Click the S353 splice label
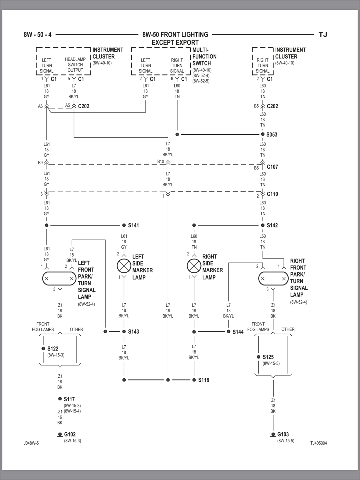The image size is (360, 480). click(x=272, y=134)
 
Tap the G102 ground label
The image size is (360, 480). click(x=70, y=434)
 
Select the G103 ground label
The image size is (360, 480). click(x=283, y=434)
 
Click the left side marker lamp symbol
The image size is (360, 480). click(x=124, y=265)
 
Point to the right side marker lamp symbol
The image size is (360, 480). click(x=194, y=265)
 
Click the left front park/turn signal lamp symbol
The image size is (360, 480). click(x=59, y=278)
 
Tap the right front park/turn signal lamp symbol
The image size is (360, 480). click(x=273, y=278)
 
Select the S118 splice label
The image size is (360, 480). click(x=204, y=380)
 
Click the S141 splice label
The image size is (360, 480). click(x=133, y=225)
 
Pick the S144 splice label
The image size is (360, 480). click(x=238, y=332)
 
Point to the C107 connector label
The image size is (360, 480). click(x=272, y=167)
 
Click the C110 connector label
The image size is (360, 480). click(x=272, y=194)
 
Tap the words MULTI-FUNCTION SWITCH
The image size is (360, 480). click(x=204, y=56)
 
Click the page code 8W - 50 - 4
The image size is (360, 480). click(x=37, y=34)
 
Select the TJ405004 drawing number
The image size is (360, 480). click(x=318, y=443)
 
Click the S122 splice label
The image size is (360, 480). click(x=53, y=349)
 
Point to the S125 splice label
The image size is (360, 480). click(x=268, y=357)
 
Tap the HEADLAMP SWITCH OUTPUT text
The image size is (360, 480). click(x=75, y=64)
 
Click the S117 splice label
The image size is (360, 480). click(x=69, y=399)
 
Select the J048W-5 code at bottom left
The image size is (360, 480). click(x=31, y=443)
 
